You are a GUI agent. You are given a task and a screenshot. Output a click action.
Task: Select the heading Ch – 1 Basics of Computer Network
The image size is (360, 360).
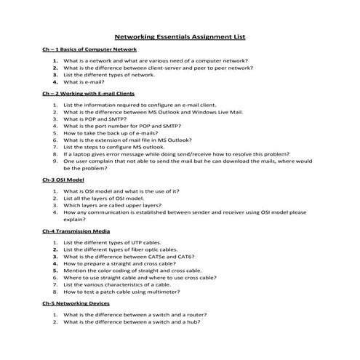[89, 49]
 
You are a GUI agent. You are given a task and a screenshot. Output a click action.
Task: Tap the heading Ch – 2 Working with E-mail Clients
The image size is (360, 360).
[88, 94]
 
